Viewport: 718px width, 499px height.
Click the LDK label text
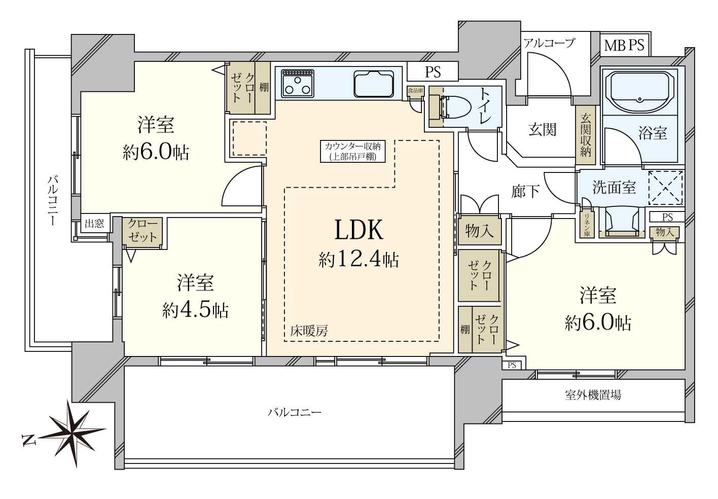tap(358, 230)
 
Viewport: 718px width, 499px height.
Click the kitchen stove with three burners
tap(298, 83)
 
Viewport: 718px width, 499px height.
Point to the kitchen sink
tap(374, 84)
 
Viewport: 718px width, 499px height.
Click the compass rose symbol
tap(73, 433)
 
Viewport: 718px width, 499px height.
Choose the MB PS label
tap(624, 46)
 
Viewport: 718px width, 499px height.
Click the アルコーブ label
tap(549, 43)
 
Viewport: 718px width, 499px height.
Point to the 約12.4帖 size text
tap(358, 259)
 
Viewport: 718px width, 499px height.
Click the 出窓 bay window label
tap(94, 223)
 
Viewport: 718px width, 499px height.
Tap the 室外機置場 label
tap(593, 395)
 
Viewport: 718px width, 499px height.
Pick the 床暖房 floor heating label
tap(309, 331)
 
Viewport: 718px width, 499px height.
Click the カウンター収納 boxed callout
tap(352, 151)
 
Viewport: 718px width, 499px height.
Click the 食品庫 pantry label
tap(415, 91)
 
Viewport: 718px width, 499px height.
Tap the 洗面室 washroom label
tap(614, 188)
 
